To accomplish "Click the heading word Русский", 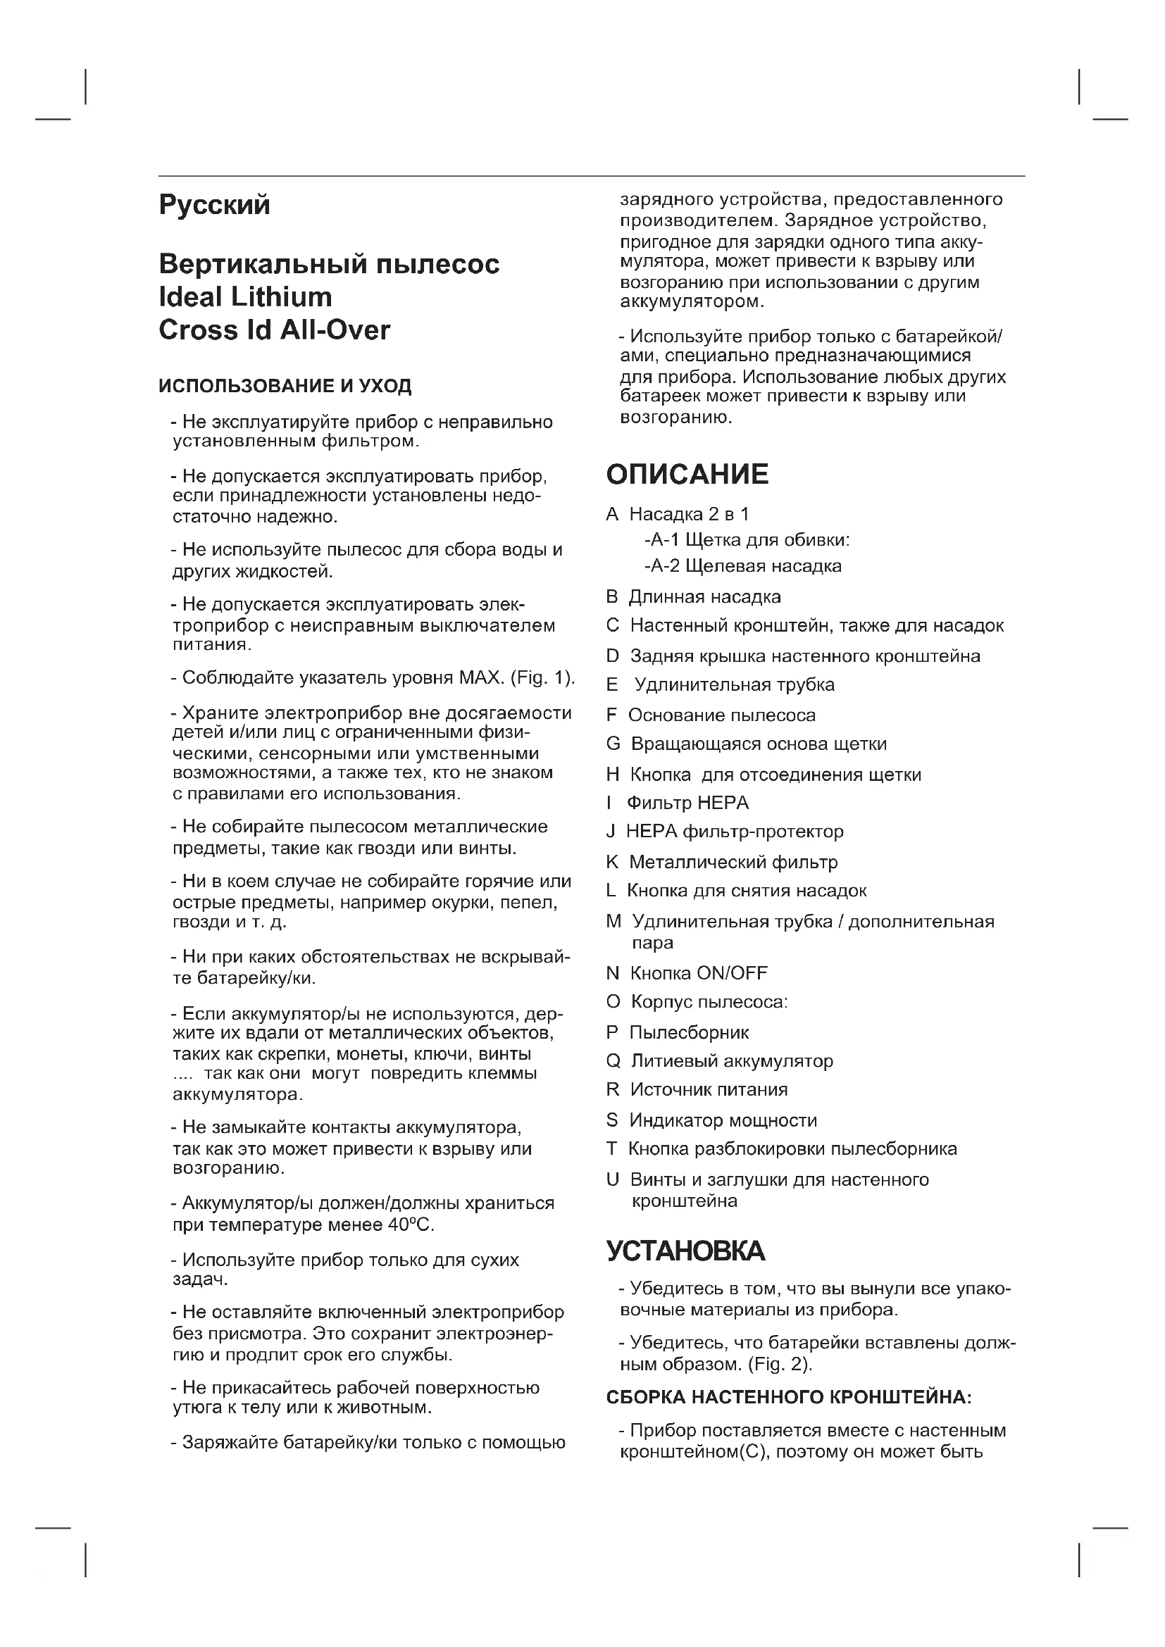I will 214,205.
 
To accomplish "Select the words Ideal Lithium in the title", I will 244,297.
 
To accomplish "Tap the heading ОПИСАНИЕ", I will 687,475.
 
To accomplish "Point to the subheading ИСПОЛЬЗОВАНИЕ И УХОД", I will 285,386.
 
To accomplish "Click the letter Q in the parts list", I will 613,1061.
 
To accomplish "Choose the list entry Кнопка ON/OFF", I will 698,973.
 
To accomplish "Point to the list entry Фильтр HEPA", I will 687,803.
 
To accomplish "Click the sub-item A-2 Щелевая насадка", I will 743,566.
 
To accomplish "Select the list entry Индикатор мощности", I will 723,1120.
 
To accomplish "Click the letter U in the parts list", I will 613,1180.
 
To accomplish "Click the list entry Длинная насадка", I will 704,597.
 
